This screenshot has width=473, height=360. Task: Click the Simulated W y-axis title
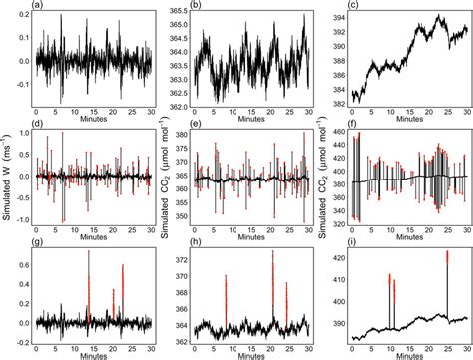coord(7,179)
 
